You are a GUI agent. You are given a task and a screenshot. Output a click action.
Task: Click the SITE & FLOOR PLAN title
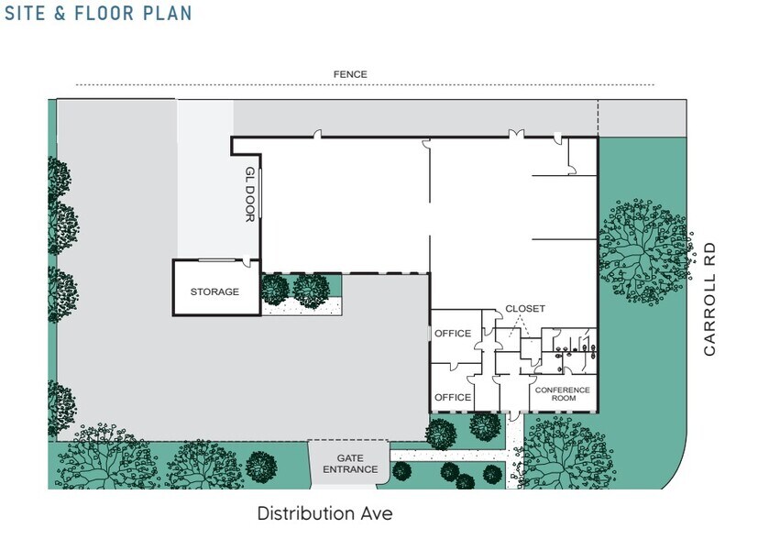click(98, 14)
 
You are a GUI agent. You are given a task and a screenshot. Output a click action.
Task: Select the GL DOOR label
click(249, 193)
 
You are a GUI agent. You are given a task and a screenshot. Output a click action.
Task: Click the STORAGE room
click(214, 291)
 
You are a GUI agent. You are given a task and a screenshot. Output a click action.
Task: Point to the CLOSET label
click(524, 309)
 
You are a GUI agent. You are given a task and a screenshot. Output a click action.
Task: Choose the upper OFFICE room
click(452, 334)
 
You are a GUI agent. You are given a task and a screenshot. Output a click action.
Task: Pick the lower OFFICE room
click(452, 397)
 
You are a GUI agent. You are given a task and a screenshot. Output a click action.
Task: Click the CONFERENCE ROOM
click(563, 395)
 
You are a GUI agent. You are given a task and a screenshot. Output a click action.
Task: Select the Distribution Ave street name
click(324, 513)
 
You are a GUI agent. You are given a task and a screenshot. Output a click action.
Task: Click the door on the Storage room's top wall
click(248, 261)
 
